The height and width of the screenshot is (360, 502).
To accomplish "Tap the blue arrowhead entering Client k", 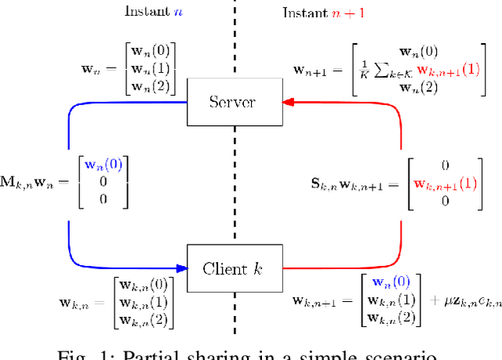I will point(182,268).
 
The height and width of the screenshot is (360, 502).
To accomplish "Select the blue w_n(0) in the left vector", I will point(104,165).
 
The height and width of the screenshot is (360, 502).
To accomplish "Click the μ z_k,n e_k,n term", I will point(464,300).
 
